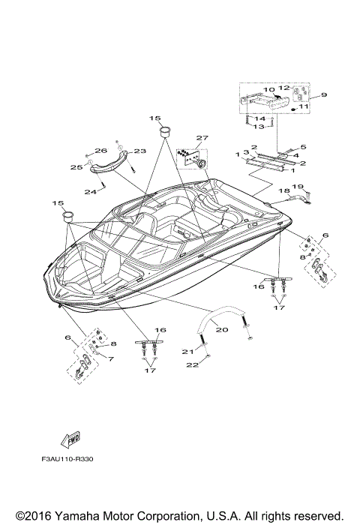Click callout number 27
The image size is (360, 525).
click(x=200, y=138)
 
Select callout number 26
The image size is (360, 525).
click(x=101, y=151)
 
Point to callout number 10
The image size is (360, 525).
click(x=268, y=90)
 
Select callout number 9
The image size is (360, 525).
click(x=325, y=95)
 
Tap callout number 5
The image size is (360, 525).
click(x=304, y=147)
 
